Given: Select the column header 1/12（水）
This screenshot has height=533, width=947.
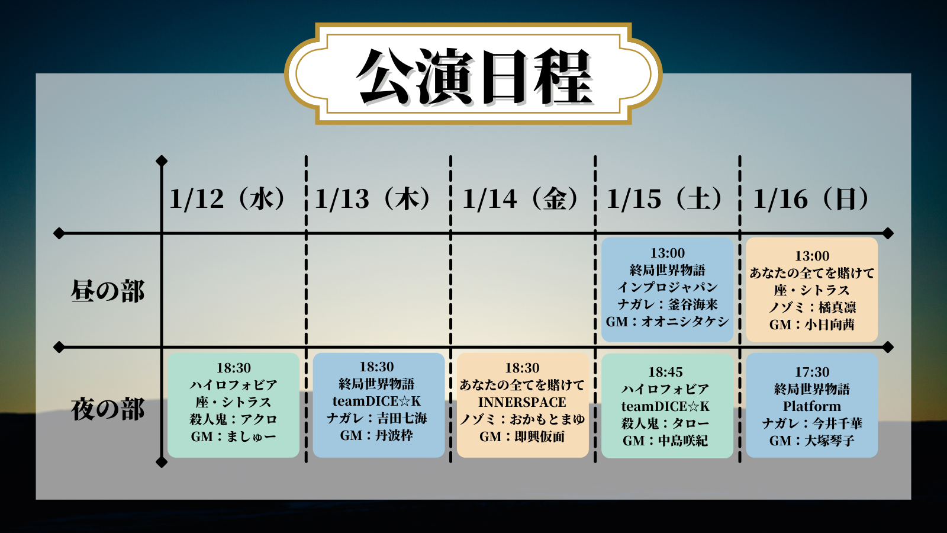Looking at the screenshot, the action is pos(227,199).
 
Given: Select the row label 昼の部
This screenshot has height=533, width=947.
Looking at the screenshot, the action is pos(108,291).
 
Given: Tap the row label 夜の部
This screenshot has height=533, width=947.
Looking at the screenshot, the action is pos(108,409).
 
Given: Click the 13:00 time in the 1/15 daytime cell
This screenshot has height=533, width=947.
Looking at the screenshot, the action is pos(667,253).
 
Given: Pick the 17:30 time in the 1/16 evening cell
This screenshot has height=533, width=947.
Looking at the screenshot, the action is pos(811,372).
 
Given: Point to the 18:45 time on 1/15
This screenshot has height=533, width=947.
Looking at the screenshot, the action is pos(665,372).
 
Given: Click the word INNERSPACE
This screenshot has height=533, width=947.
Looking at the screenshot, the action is pos(522,402).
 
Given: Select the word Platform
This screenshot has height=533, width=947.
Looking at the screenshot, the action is pos(811,406).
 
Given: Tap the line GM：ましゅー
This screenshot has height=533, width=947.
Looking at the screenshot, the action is pos(233,436).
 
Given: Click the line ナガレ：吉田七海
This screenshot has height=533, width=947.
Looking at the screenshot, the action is pos(377,418).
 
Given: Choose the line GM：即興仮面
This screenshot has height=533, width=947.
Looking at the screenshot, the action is pos(522,436).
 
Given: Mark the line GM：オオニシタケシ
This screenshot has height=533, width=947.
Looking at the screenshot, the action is pos(667,322).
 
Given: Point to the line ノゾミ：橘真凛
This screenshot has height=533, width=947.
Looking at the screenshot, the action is pos(812,307).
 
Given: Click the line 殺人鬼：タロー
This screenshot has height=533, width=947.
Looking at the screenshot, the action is pos(665,423).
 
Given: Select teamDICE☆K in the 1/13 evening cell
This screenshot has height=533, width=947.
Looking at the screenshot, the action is pos(377,401).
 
